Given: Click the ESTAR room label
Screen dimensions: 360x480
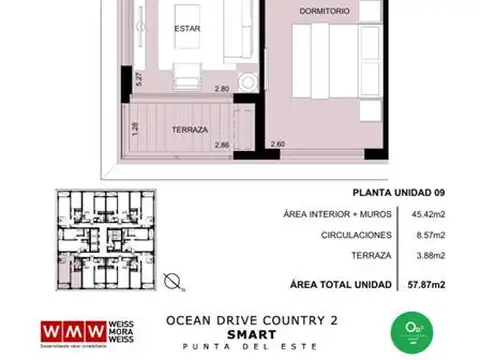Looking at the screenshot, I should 187,28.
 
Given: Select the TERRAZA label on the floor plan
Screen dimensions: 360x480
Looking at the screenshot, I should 189,131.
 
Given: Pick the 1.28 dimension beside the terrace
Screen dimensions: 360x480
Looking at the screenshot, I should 135,128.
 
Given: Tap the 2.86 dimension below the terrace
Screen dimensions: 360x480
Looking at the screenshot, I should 223,145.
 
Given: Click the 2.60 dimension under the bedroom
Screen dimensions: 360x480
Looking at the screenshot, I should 278,145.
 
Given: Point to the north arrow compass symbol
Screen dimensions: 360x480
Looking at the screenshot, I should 172,281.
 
